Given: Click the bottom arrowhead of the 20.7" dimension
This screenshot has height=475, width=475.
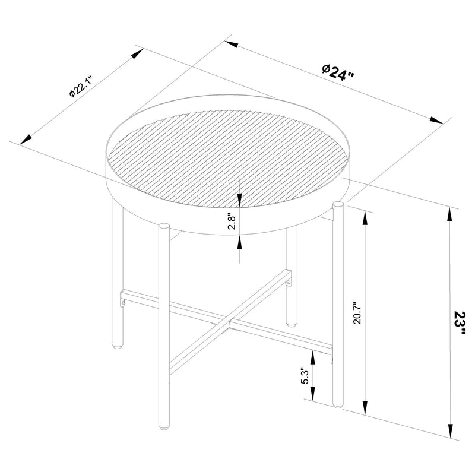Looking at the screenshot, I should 364,408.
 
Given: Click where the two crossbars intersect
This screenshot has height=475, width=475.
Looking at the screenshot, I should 229,321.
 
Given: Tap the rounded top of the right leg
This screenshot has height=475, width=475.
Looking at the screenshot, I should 338,205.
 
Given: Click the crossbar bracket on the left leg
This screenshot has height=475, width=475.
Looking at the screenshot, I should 122,299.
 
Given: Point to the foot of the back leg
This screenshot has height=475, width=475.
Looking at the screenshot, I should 290,324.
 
